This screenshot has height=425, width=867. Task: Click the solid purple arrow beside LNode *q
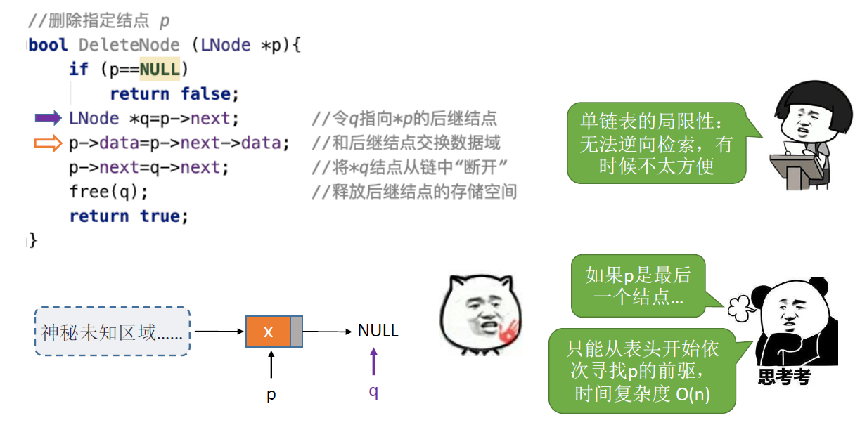pyautogui.click(x=48, y=118)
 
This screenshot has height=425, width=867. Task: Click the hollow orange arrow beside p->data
pyautogui.click(x=48, y=143)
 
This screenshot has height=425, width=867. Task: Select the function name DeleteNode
pyautogui.click(x=129, y=46)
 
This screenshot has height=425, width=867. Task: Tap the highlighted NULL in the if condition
pyautogui.click(x=160, y=70)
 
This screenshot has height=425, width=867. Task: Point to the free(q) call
pyautogui.click(x=108, y=191)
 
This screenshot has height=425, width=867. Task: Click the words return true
pyautogui.click(x=129, y=216)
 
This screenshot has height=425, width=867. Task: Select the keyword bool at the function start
pyautogui.click(x=49, y=46)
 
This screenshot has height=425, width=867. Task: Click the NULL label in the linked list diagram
pyautogui.click(x=378, y=331)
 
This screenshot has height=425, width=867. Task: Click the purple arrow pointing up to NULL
pyautogui.click(x=373, y=364)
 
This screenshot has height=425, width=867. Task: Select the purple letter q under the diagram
pyautogui.click(x=373, y=391)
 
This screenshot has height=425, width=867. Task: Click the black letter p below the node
pyautogui.click(x=271, y=395)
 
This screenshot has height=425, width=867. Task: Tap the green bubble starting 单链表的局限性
pyautogui.click(x=655, y=143)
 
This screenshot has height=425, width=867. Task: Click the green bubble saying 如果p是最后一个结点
pyautogui.click(x=638, y=285)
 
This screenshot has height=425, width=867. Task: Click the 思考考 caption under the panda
pyautogui.click(x=784, y=377)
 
